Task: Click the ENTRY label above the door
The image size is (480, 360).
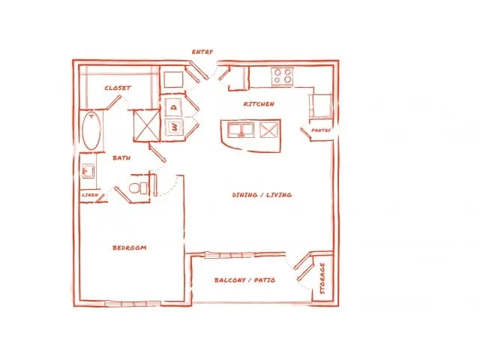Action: coord(202,52)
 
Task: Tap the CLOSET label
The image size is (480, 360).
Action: coord(118,88)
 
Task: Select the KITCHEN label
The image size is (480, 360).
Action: coord(259,104)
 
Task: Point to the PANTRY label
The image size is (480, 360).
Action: coord(321,130)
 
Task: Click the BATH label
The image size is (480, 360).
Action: coord(121,158)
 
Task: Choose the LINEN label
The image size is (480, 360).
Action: coord(90,195)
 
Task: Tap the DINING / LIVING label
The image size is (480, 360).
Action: coord(262,195)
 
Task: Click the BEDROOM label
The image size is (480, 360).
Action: coord(129,247)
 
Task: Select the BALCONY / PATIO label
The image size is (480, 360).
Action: coord(244,280)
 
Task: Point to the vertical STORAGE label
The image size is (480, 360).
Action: coord(322,278)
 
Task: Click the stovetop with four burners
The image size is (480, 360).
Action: coord(283,76)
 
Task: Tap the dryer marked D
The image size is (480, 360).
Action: coord(173,107)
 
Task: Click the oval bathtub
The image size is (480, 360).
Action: coord(91,130)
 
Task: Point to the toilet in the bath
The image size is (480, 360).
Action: coord(138,187)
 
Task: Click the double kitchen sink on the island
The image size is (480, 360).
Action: coord(241,130)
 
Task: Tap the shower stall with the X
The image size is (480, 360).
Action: coord(147,126)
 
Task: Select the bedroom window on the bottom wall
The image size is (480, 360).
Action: coord(133,303)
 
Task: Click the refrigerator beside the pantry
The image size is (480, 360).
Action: coord(320,106)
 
